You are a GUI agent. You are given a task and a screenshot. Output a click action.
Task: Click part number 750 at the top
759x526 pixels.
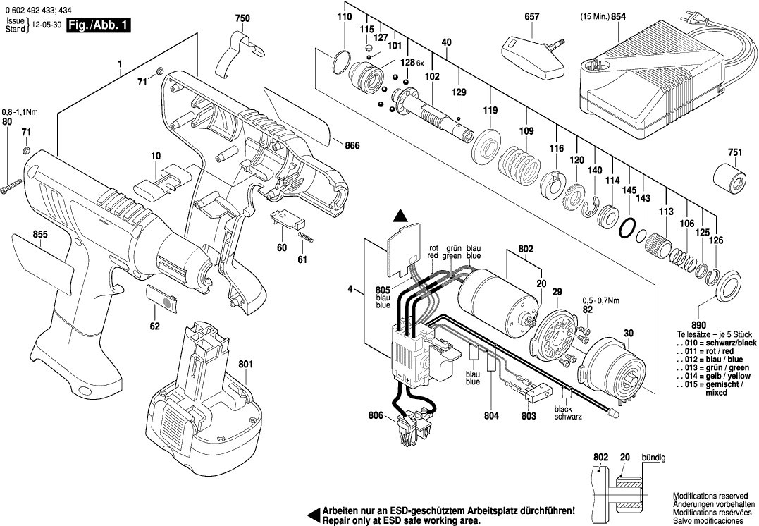point(242,18)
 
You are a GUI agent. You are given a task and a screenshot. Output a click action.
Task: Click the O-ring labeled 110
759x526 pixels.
point(342,62)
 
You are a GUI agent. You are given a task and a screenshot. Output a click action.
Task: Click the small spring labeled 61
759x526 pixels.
point(304,239)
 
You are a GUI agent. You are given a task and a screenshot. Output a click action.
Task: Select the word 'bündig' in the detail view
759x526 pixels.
point(653,458)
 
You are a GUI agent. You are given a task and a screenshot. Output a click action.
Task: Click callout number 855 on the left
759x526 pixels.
point(40,233)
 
